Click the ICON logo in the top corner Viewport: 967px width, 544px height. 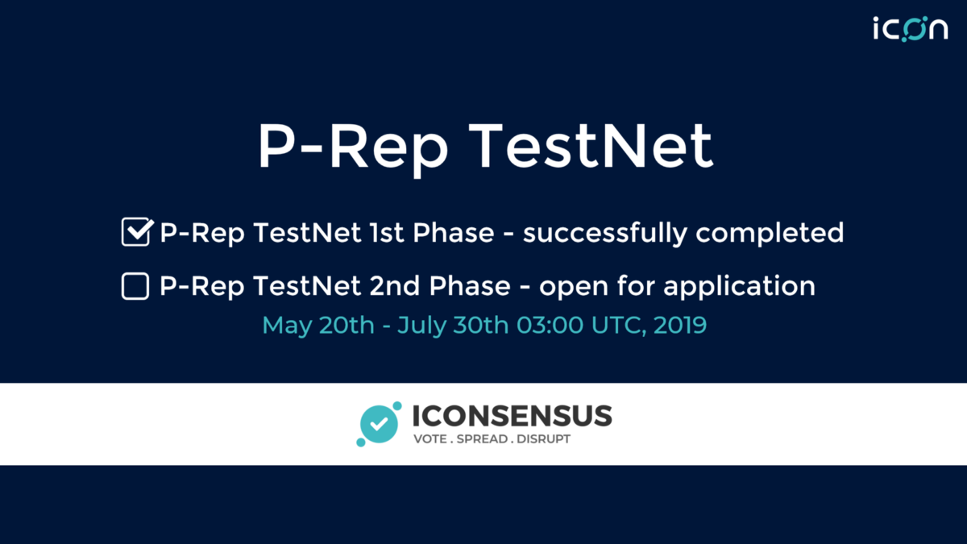click(x=911, y=29)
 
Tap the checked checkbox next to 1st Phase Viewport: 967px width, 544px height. click(x=137, y=232)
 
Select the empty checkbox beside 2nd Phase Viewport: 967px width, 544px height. click(x=135, y=286)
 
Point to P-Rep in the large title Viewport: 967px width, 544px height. click(x=353, y=150)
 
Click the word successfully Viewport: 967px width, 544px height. click(x=605, y=234)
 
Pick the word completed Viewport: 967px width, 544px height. click(x=770, y=234)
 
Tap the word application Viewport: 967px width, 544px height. click(x=739, y=287)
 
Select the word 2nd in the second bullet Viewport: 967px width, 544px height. click(x=395, y=286)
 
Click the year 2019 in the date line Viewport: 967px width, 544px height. click(x=680, y=325)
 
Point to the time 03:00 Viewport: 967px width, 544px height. click(x=550, y=325)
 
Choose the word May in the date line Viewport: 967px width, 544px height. click(x=287, y=326)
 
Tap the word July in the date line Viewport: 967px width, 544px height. click(x=421, y=326)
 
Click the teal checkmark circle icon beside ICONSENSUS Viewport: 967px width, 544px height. click(x=379, y=424)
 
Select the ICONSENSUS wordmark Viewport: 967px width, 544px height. click(x=512, y=416)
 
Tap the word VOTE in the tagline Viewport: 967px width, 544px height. click(x=430, y=439)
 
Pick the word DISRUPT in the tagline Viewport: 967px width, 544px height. click(x=543, y=439)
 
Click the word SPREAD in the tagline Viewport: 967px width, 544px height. click(x=482, y=439)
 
